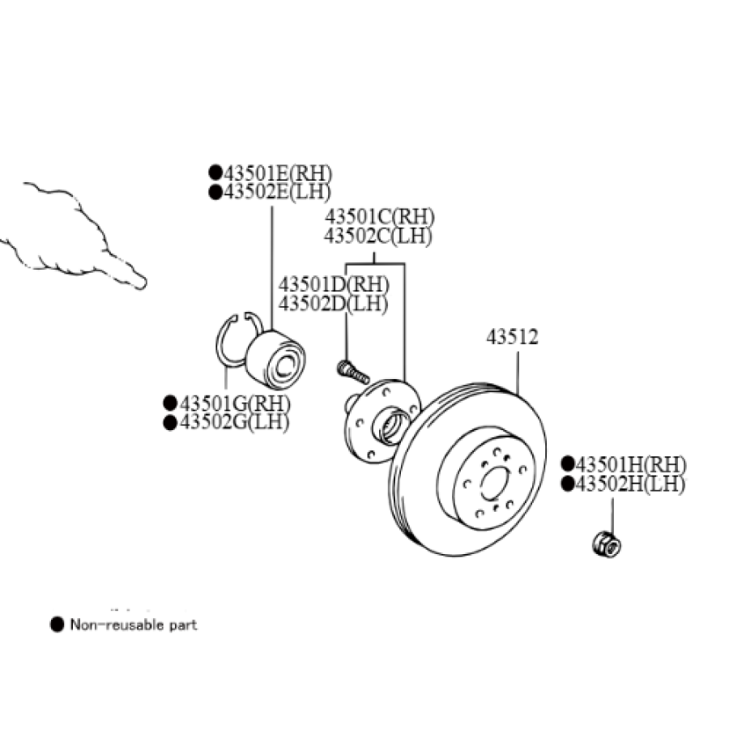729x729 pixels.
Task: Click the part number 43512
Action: (512, 337)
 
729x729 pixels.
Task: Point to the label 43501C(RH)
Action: (379, 217)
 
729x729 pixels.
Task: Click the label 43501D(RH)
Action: (334, 285)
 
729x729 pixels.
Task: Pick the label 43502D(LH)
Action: (333, 304)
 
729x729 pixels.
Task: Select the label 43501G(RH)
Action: (234, 403)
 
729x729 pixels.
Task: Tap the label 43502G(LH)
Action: (233, 421)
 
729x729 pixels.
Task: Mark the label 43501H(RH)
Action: (629, 465)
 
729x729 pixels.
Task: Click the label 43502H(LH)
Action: (629, 484)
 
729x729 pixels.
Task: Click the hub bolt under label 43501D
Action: (352, 373)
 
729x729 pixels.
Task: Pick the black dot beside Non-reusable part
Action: (56, 625)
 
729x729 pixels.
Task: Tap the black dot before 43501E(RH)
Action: (215, 173)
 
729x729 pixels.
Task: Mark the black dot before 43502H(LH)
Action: (567, 484)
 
